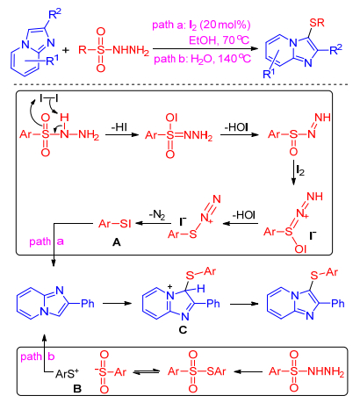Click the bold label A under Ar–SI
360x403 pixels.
[117, 242]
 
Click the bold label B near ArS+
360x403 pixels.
[77, 389]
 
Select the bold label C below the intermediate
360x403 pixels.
[183, 330]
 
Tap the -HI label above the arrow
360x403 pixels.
[119, 127]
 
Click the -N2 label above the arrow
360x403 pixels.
[157, 215]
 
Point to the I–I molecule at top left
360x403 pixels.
[48, 98]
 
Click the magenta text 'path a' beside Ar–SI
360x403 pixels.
[47, 241]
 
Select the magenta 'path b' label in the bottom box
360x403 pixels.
[38, 356]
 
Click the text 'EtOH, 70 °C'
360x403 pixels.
[220, 40]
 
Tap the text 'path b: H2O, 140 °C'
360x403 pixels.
[202, 59]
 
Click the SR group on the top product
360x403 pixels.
[316, 23]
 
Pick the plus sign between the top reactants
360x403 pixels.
[66, 50]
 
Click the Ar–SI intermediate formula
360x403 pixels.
[115, 224]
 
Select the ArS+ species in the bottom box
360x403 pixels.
[67, 373]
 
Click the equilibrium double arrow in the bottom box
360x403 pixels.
[147, 372]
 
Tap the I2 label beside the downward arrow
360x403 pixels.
[300, 170]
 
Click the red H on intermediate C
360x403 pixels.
[201, 289]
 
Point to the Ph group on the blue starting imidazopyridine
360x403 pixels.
[88, 303]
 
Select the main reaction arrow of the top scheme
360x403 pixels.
[205, 49]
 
